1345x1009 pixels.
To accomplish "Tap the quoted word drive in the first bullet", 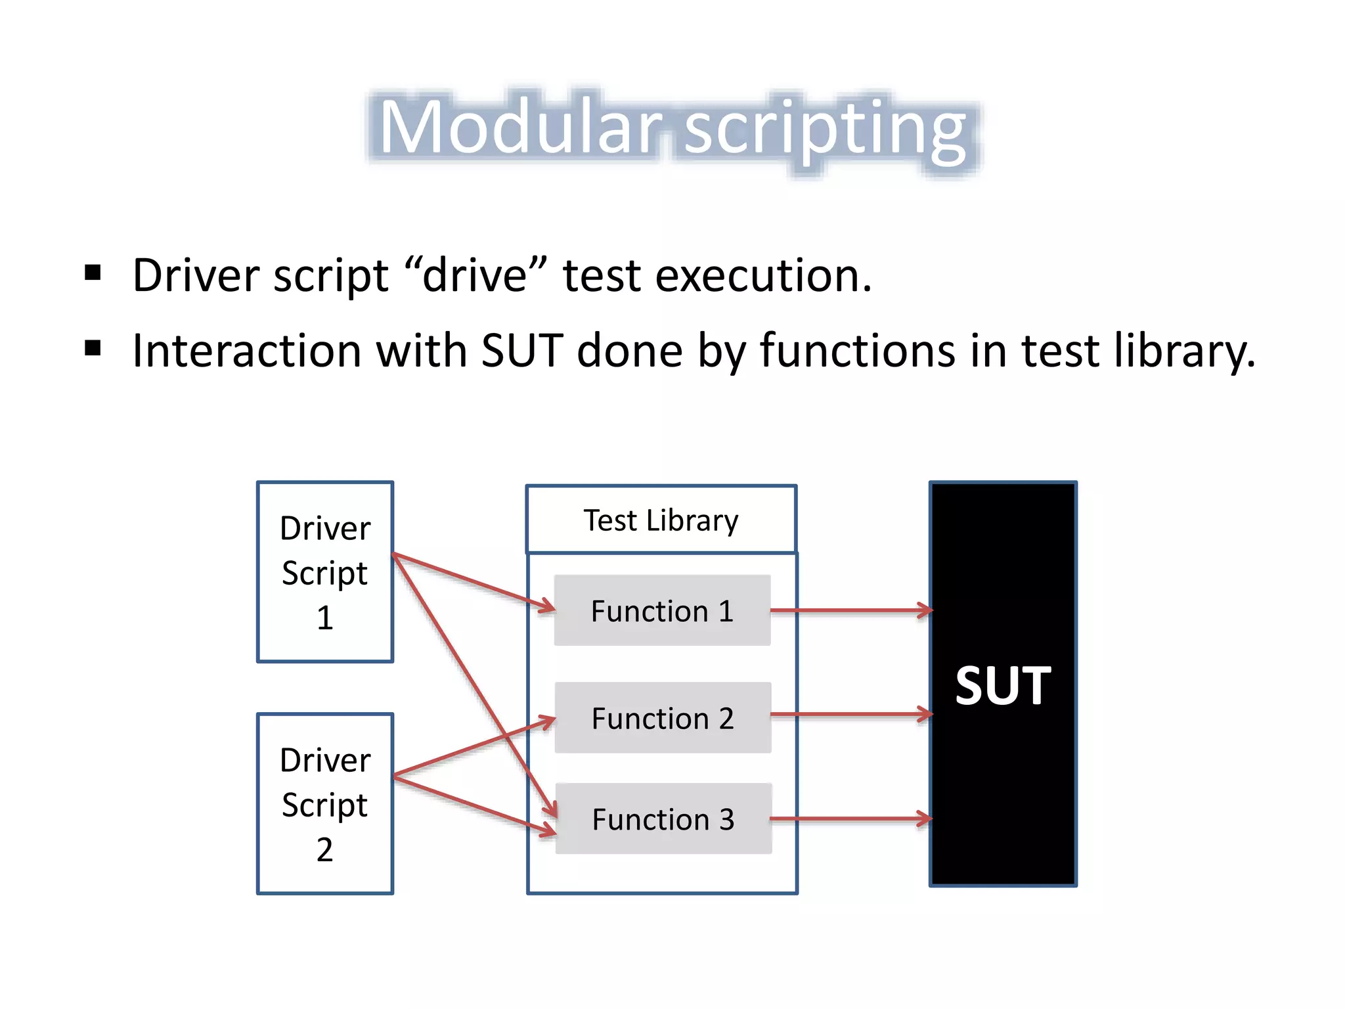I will click(475, 275).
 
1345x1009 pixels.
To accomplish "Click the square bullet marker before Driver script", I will click(93, 272).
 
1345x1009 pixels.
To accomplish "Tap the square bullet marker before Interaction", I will click(93, 348).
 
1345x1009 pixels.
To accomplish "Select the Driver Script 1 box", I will click(325, 572).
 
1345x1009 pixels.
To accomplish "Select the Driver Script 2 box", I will click(325, 803).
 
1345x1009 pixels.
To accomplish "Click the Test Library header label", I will click(661, 520).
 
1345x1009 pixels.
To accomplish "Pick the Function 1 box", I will click(662, 611).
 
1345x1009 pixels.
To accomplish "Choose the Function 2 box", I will click(663, 718).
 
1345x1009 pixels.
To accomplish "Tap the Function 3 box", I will click(663, 819).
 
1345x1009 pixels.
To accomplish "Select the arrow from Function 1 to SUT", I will click(850, 610).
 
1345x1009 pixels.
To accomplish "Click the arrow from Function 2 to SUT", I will click(850, 714).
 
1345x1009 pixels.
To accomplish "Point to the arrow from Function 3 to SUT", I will click(850, 819).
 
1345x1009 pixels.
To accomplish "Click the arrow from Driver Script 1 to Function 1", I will click(473, 581).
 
